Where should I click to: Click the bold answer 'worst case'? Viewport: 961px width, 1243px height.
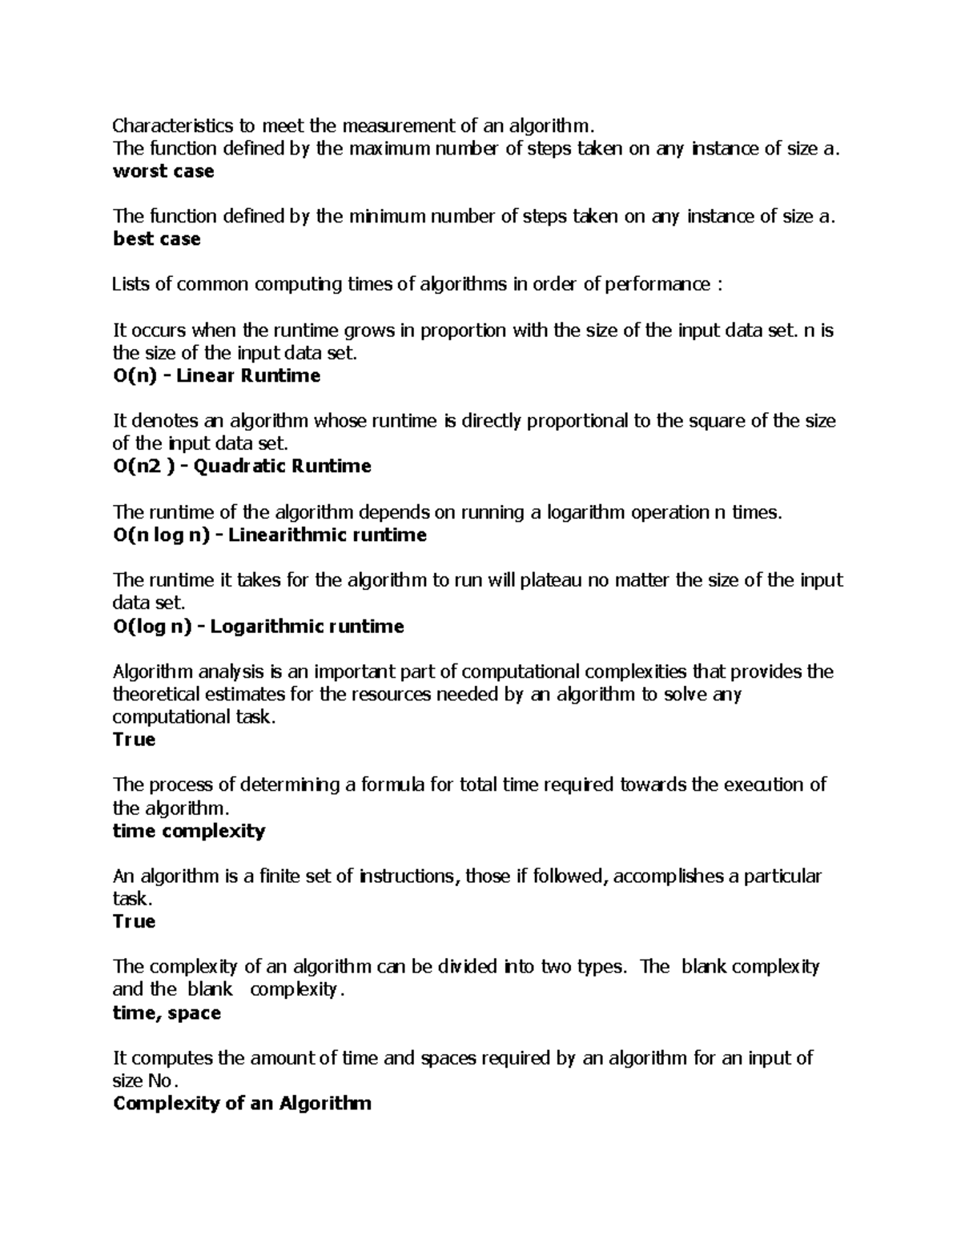(x=163, y=171)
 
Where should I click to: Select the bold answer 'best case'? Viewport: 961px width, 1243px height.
(x=157, y=239)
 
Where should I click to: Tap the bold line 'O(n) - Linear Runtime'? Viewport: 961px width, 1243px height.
(x=216, y=376)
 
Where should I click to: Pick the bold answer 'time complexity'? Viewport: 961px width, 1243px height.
(x=189, y=831)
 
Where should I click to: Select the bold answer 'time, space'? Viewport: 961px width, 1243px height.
(x=167, y=1013)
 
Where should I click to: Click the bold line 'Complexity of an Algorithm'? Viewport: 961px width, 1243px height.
(x=242, y=1104)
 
